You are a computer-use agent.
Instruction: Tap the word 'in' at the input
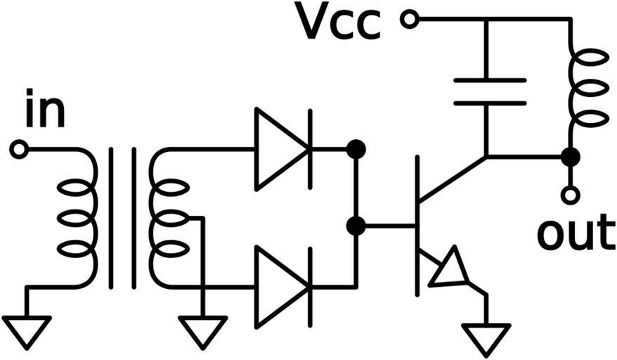point(44,112)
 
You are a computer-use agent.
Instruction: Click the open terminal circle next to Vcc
point(409,19)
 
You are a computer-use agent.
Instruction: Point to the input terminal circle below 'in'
point(20,149)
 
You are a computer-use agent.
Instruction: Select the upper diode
point(281,149)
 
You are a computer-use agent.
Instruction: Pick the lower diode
point(281,286)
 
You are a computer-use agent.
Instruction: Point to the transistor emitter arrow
point(448,269)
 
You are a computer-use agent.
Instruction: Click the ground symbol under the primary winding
point(27,330)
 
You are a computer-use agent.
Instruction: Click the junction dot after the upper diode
point(356,149)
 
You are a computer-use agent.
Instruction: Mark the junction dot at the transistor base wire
point(356,226)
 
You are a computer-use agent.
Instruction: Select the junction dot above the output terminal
point(571,157)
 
